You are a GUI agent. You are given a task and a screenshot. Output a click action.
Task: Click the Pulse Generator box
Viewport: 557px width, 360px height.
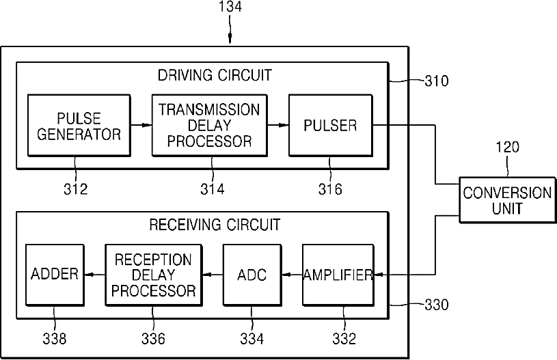pyautogui.click(x=79, y=125)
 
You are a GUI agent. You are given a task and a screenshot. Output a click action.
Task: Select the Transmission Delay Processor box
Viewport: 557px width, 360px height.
pyautogui.click(x=210, y=125)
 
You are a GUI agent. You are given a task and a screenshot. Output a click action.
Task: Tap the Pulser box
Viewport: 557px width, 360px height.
pyautogui.click(x=331, y=125)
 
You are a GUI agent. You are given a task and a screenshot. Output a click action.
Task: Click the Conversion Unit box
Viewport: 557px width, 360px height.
pyautogui.click(x=508, y=200)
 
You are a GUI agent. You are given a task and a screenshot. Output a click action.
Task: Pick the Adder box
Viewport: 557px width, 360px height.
pyautogui.click(x=55, y=275)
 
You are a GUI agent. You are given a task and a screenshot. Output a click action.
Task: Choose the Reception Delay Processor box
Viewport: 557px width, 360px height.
pyautogui.click(x=154, y=275)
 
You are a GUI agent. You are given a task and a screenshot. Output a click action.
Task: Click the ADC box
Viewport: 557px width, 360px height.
pyautogui.click(x=252, y=275)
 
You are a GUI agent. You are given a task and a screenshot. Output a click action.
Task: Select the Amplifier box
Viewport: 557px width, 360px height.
pyautogui.click(x=338, y=275)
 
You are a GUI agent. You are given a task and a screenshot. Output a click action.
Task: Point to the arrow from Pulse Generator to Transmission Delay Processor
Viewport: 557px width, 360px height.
pyautogui.click(x=141, y=125)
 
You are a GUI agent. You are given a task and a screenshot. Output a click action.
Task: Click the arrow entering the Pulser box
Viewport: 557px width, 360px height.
pyautogui.click(x=277, y=125)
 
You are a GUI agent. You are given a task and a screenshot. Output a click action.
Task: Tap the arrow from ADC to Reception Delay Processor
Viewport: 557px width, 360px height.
pyautogui.click(x=213, y=275)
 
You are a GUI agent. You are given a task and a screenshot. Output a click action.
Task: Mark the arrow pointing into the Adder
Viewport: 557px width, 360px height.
pyautogui.click(x=95, y=275)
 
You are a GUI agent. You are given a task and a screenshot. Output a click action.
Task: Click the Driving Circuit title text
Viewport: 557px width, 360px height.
pyautogui.click(x=215, y=75)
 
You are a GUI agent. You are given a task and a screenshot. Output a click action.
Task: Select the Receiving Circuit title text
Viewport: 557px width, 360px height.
pyautogui.click(x=215, y=225)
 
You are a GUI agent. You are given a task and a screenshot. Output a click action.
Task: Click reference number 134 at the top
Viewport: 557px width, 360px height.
pyautogui.click(x=230, y=7)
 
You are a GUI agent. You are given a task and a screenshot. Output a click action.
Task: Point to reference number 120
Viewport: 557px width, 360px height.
pyautogui.click(x=508, y=147)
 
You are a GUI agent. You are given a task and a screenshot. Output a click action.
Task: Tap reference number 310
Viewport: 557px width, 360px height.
pyautogui.click(x=437, y=81)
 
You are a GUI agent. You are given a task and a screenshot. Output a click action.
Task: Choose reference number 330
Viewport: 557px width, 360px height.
pyautogui.click(x=437, y=305)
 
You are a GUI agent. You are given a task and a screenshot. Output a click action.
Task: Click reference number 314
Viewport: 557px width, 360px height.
pyautogui.click(x=213, y=189)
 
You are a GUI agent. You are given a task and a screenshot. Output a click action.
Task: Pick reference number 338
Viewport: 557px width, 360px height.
pyautogui.click(x=55, y=339)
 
